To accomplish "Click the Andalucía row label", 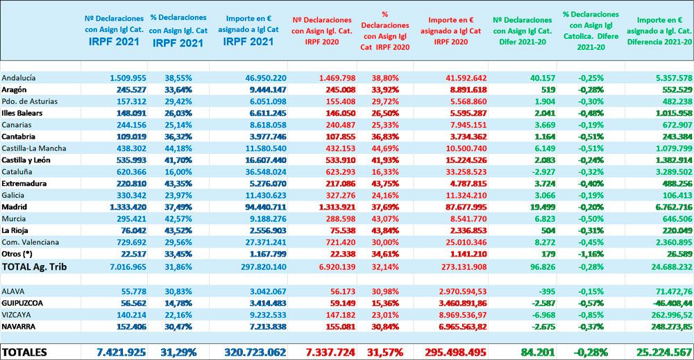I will tap(19, 78).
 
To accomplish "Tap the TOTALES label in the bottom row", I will tap(24, 352).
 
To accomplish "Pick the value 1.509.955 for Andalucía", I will tap(123, 78).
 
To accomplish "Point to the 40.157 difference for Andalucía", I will tap(534, 78).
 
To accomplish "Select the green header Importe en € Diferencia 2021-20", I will tap(659, 31).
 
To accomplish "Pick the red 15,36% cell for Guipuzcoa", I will tap(385, 302).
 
